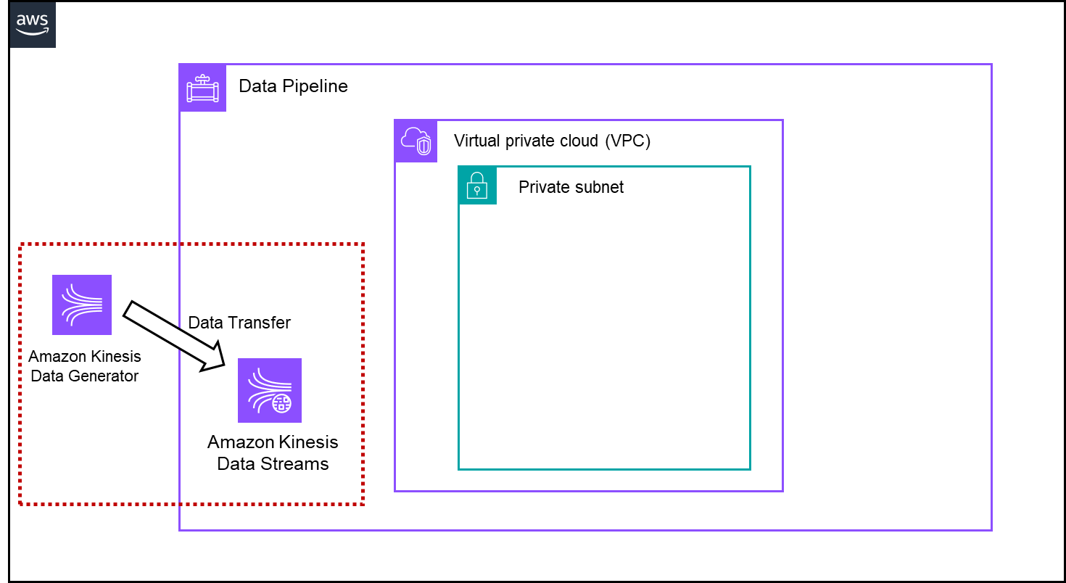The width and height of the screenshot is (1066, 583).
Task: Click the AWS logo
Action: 33,25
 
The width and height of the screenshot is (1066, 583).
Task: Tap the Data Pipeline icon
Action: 202,88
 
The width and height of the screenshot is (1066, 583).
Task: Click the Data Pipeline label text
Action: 293,86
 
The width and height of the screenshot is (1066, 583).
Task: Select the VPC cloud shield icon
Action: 416,141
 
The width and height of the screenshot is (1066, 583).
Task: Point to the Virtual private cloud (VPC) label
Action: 552,141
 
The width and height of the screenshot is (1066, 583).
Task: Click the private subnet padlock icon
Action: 477,186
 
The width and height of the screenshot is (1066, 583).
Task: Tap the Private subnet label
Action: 571,187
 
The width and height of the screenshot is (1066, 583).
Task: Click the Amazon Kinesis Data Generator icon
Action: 82,305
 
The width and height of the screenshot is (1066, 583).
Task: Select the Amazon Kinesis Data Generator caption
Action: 85,366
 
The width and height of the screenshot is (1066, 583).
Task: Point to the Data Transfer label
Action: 239,323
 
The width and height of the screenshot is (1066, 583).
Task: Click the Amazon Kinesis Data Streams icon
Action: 270,390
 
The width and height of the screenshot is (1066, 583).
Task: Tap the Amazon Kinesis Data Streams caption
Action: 273,452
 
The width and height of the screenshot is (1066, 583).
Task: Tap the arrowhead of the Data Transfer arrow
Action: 217,360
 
